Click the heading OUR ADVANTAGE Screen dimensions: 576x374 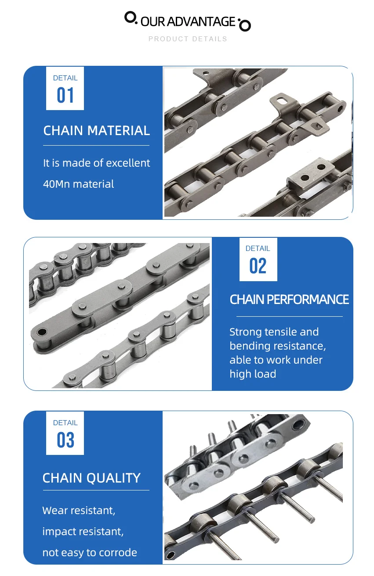pos(188,21)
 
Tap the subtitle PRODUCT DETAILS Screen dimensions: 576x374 pos(188,39)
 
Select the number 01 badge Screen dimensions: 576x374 pos(65,96)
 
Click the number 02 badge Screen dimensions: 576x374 pos(258,266)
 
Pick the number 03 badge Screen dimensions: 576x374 pos(65,440)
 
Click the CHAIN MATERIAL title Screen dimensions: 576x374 pos(96,131)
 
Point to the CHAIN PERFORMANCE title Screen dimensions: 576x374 pos(289,300)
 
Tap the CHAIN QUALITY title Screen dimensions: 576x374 pos(91,478)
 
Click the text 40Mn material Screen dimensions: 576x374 pos(78,184)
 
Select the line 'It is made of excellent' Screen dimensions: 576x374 pos(96,163)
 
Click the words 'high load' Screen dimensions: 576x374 pos(253,374)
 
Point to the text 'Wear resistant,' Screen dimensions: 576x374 pos(79,511)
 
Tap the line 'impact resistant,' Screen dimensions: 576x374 pos(83,532)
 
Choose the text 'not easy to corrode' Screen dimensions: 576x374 pos(90,553)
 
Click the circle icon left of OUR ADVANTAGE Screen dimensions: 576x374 pos(131,18)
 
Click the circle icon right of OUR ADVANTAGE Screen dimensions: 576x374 pos(244,25)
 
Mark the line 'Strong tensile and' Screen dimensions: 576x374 pos(274,332)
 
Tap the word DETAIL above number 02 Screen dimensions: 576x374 pos(258,248)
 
